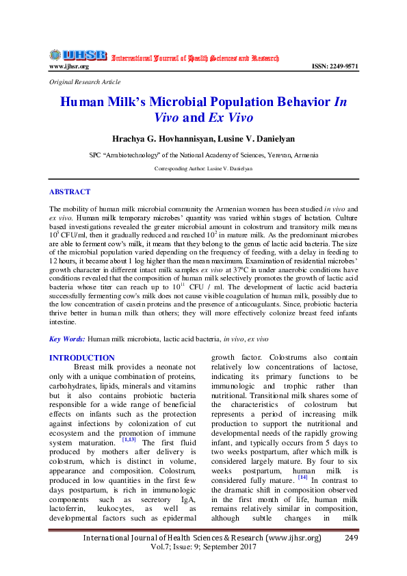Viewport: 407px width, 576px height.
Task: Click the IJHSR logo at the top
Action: pyautogui.click(x=77, y=55)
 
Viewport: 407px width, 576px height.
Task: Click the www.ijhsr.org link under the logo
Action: pyautogui.click(x=69, y=66)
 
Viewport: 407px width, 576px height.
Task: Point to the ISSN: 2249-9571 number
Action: pyautogui.click(x=334, y=66)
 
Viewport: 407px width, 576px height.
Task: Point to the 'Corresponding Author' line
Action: pyautogui.click(x=203, y=168)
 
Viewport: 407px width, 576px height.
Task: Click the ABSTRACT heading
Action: pyautogui.click(x=70, y=192)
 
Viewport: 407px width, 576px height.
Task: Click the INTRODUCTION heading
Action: pyautogui.click(x=82, y=358)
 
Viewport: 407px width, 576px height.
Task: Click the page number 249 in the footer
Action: pyautogui.click(x=352, y=538)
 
